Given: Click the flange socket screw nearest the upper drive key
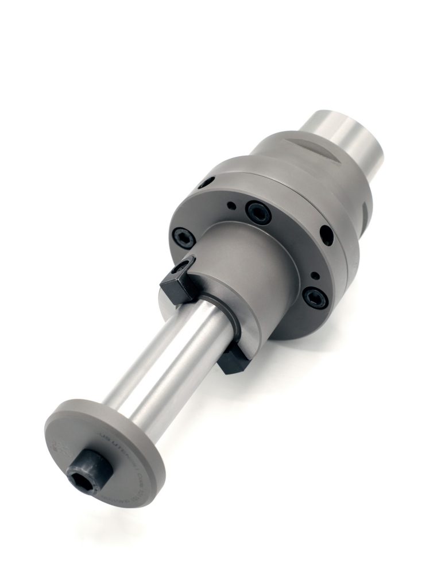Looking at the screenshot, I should coord(183,237).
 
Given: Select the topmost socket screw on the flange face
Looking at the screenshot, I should coord(258,212).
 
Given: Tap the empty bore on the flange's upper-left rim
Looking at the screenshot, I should coord(206,183).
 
